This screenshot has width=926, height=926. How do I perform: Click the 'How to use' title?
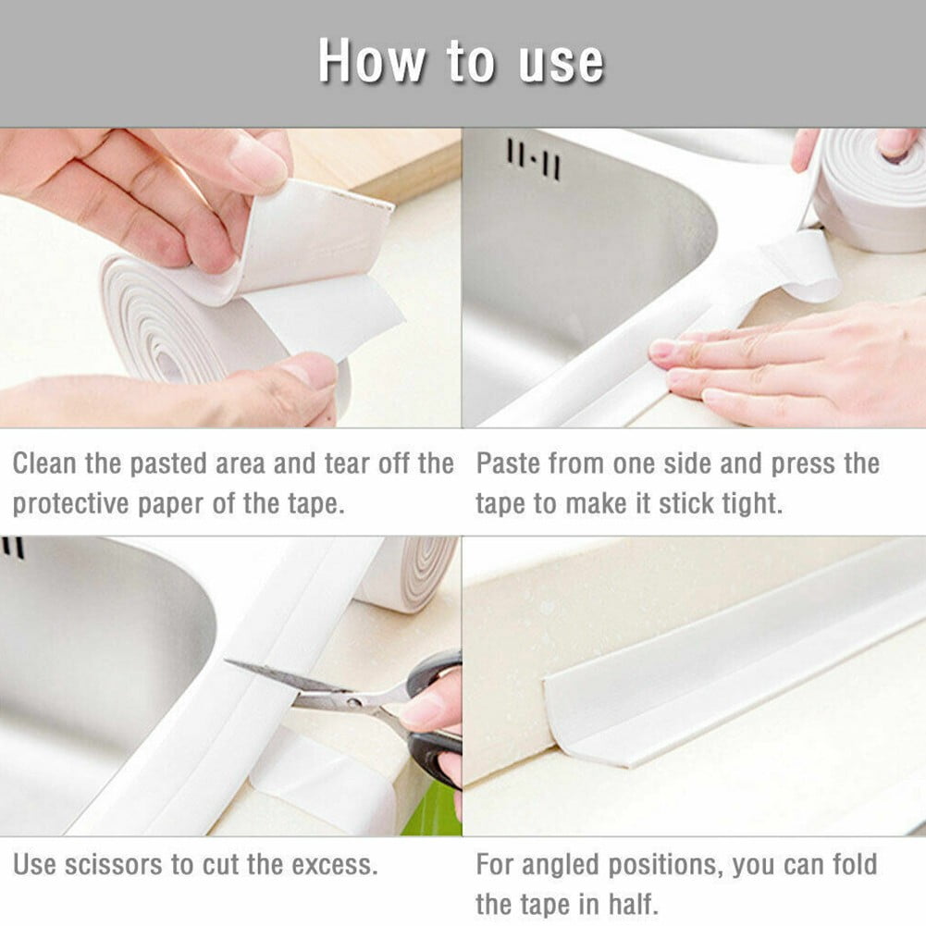pyautogui.click(x=461, y=63)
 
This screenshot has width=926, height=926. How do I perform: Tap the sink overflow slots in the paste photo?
pyautogui.click(x=533, y=159)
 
